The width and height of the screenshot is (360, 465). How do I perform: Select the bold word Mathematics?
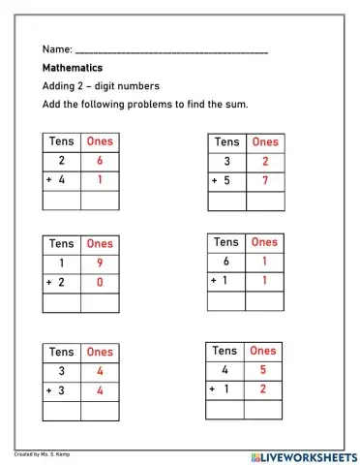73,69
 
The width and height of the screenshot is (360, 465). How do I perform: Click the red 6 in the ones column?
100,162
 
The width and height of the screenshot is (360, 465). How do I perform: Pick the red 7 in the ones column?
264,181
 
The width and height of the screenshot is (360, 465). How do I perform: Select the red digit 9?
100,263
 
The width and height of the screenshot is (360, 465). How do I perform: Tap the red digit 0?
100,282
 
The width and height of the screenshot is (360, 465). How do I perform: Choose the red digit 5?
263,369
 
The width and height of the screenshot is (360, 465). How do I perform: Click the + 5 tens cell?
226,181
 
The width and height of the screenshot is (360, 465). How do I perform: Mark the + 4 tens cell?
62,181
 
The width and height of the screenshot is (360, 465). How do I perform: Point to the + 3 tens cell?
62,390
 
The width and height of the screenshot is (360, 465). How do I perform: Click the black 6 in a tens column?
226,262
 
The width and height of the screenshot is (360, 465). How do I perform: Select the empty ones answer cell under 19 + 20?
100,302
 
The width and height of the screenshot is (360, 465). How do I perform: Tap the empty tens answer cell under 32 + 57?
226,201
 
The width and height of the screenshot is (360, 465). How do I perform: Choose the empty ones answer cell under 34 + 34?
100,411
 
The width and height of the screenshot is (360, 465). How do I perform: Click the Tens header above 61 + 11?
226,242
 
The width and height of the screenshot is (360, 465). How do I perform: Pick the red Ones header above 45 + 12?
263,351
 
